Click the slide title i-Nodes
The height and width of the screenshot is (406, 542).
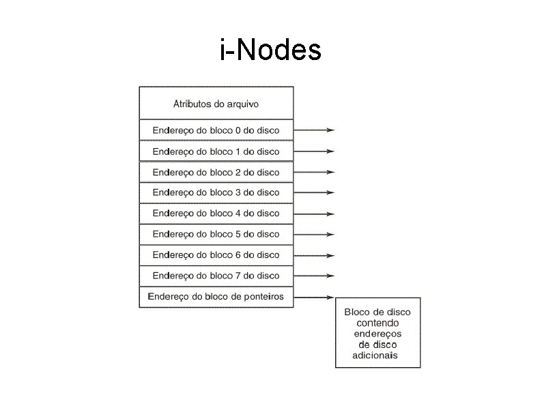coord(270,50)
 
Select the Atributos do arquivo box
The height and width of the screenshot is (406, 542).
coord(216,103)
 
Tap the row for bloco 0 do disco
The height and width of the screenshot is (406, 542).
coord(216,130)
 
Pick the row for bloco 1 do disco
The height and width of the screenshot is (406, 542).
coord(216,151)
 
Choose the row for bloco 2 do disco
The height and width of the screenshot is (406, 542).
coord(216,172)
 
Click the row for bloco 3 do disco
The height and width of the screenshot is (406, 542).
coord(216,192)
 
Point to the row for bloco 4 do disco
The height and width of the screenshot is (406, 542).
coord(216,213)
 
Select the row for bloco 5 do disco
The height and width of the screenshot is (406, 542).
coord(216,234)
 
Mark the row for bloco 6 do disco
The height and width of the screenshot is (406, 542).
coord(216,255)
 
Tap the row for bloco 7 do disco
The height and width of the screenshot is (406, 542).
coord(216,276)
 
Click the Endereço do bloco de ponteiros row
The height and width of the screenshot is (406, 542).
coord(216,297)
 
